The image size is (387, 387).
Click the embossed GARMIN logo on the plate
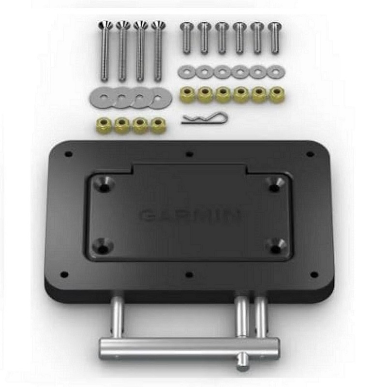click(190, 216)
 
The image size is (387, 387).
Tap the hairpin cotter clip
click(204, 118)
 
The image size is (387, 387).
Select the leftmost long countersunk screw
click(105, 51)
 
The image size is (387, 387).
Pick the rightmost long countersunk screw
click(159, 51)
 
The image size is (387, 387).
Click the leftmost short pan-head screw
click(187, 38)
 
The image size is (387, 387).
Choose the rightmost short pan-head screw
click(275, 38)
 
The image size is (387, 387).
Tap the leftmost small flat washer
click(186, 72)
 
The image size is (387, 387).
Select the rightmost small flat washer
click(276, 72)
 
